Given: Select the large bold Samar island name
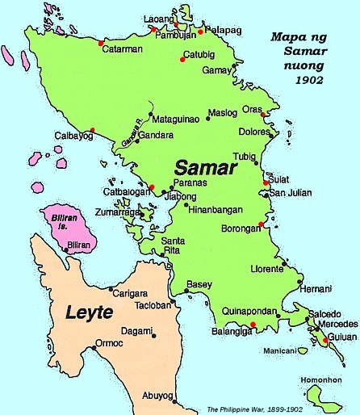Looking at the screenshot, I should coord(205,170).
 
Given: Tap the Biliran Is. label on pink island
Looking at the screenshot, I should coord(76,220).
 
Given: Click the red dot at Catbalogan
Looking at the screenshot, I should coord(152,187).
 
